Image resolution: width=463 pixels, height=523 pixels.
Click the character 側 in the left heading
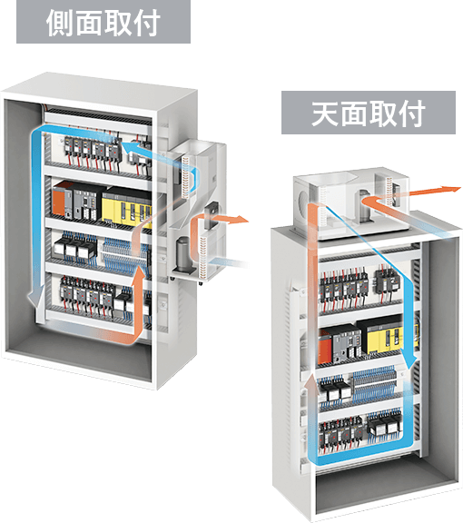point(60,23)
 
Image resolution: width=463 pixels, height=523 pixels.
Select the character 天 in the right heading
point(325,113)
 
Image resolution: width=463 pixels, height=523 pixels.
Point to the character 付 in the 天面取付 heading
point(411,113)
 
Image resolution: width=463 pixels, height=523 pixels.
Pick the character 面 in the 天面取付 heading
point(354,113)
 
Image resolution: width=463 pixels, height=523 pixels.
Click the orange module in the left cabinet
point(60,201)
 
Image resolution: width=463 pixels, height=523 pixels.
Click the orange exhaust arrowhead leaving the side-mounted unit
point(241,219)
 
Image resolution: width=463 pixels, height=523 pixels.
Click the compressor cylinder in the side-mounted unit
point(183,255)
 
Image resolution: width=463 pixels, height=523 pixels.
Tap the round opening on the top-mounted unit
point(304,202)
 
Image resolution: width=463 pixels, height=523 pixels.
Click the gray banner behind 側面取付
point(103,22)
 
